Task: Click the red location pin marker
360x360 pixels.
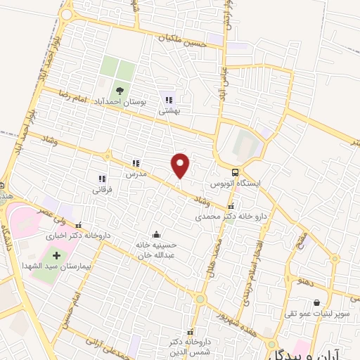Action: [181, 165]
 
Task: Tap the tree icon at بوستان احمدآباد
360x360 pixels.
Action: [118, 89]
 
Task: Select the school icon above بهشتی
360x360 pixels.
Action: [168, 98]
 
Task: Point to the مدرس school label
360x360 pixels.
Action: [134, 173]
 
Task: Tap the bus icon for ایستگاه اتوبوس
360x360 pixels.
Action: [236, 172]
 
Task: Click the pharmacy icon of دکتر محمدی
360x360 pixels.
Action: [231, 207]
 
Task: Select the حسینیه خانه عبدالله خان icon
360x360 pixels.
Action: [156, 234]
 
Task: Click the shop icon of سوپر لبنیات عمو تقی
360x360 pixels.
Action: [307, 304]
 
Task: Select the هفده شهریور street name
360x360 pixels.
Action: [232, 314]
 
